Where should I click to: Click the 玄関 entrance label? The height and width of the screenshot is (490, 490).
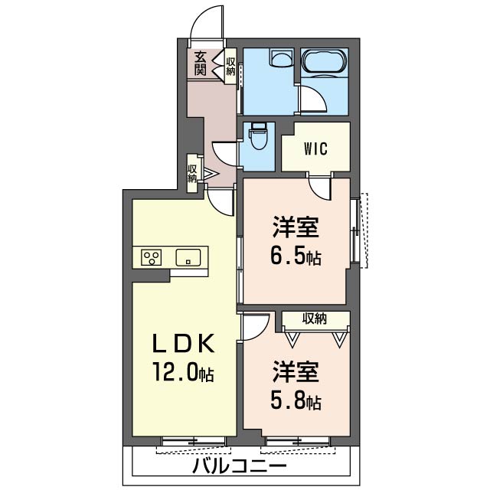pos(201,64)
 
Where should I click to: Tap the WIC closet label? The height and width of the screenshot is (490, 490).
pos(315,149)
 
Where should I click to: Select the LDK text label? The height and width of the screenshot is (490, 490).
pos(184,344)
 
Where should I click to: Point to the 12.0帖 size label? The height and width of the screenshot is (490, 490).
pos(183,372)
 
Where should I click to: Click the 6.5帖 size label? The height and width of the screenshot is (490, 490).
pos(296,257)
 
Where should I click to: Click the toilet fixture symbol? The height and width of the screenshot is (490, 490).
pos(257,137)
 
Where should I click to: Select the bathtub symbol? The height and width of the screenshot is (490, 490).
pos(325,61)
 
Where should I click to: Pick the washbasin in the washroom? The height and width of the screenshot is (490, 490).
pos(281,57)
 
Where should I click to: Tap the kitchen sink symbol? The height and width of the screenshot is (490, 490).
pos(188,257)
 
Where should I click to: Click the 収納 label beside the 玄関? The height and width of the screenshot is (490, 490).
pos(230,67)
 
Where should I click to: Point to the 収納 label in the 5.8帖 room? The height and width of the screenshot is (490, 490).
pos(315,318)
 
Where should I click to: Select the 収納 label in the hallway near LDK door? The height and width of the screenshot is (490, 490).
pos(192,174)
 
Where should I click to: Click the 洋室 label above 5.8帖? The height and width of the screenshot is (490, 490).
pos(296,372)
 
